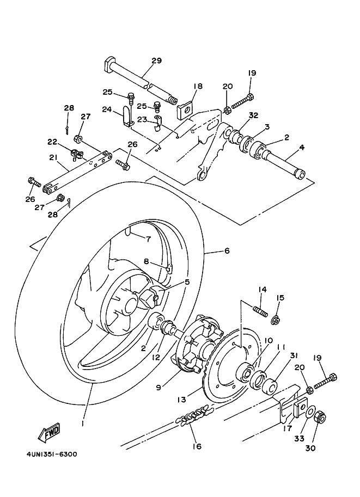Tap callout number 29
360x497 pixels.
point(156,60)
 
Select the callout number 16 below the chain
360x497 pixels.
point(196,446)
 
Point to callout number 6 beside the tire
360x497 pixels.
point(227,251)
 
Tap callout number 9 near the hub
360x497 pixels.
point(158,388)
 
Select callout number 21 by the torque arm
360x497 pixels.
point(52,157)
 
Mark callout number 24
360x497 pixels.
point(106,109)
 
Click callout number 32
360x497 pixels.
point(253,115)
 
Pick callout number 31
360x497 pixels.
point(295,355)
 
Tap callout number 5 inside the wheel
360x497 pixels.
point(186,282)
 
